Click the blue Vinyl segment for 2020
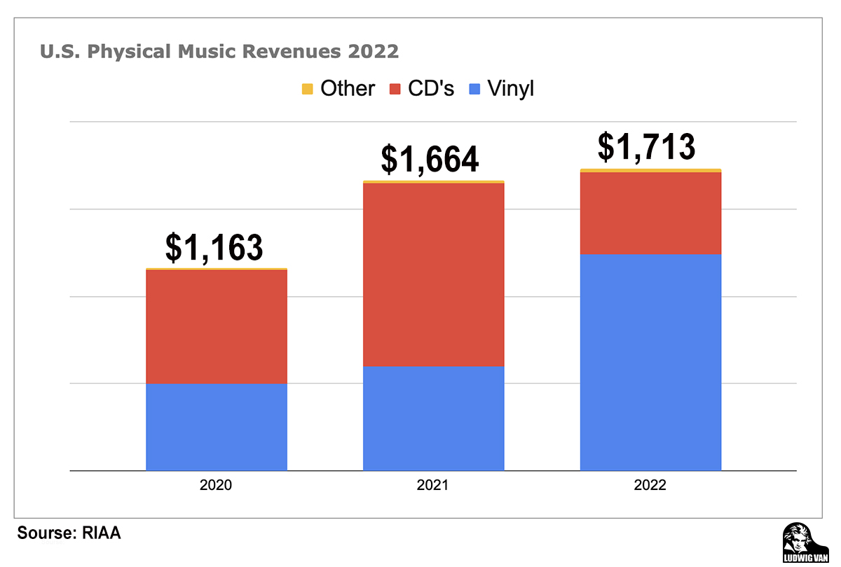[x=217, y=427]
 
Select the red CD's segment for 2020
[x=217, y=326]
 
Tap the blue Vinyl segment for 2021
[x=433, y=419]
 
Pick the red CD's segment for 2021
[x=433, y=274]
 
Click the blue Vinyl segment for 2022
[x=650, y=363]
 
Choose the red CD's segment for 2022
[x=650, y=213]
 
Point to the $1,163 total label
[x=214, y=247]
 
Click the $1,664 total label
[x=430, y=159]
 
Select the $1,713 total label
[x=646, y=147]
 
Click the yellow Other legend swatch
[x=307, y=89]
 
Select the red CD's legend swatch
[x=395, y=89]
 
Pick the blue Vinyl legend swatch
[x=474, y=89]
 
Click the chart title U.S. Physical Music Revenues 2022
[x=219, y=52]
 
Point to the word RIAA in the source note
[x=102, y=533]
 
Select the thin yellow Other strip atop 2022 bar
[x=650, y=170]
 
